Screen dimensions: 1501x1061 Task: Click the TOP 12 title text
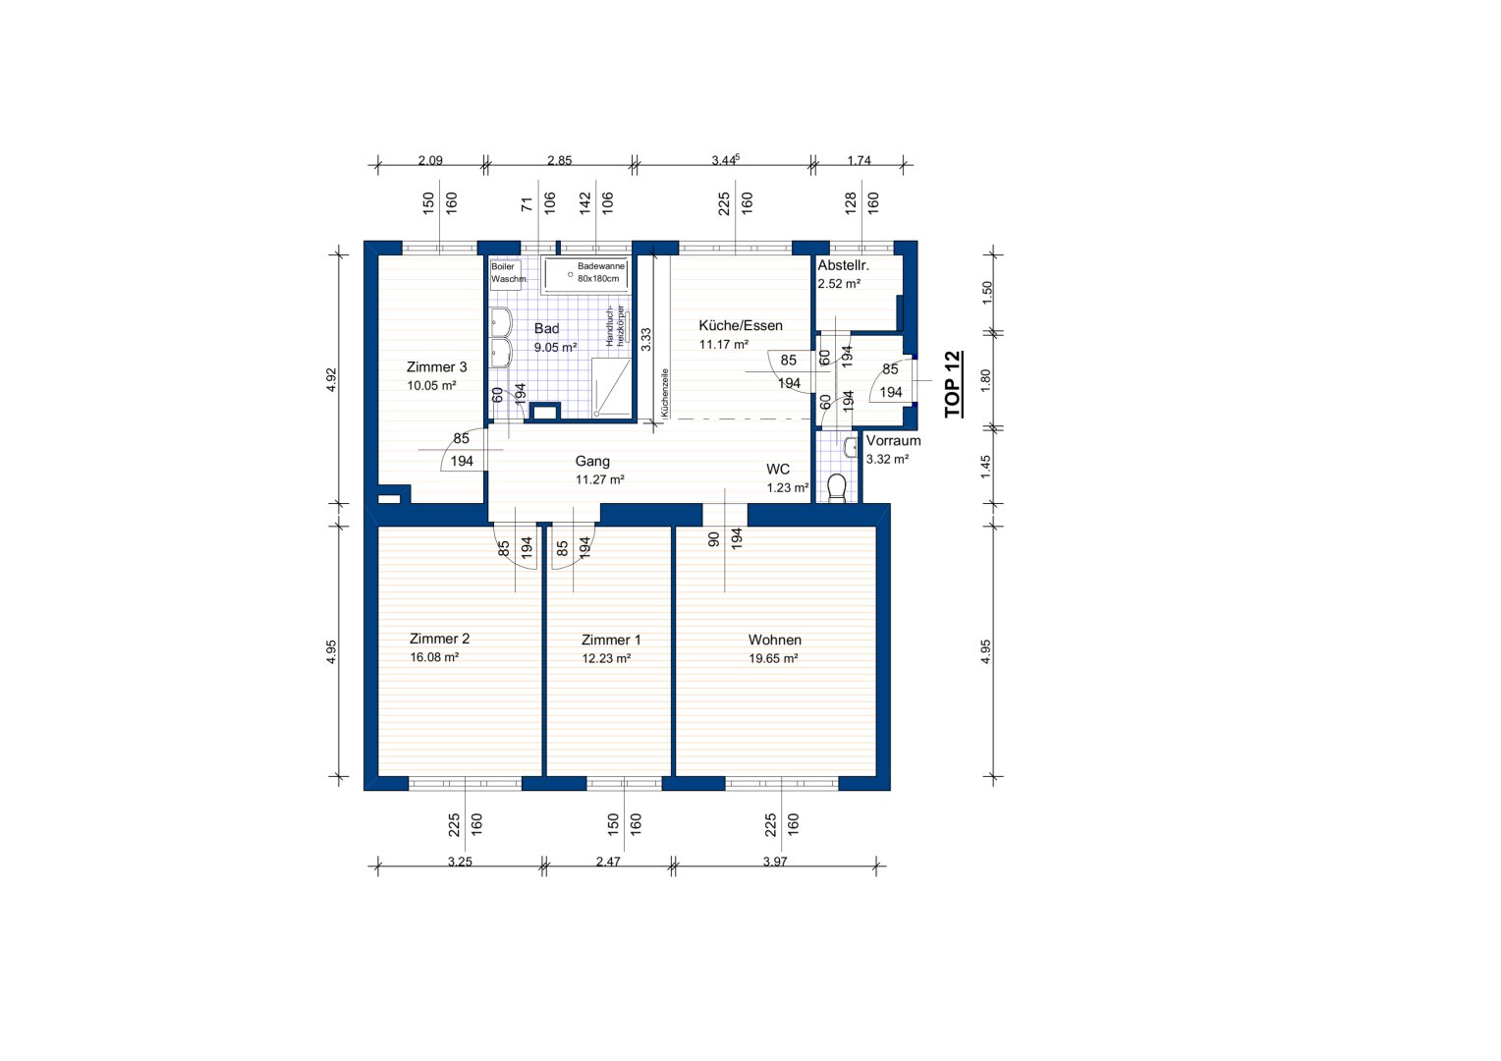click(954, 384)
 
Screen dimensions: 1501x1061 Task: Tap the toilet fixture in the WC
click(837, 487)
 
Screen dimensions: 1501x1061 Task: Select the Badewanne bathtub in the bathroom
click(585, 275)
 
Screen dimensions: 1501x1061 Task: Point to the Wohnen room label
click(775, 640)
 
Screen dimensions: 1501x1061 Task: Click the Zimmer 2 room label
click(439, 639)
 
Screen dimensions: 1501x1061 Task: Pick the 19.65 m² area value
click(773, 659)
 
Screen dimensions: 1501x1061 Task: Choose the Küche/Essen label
click(741, 326)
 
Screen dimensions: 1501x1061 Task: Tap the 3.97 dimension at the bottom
click(775, 862)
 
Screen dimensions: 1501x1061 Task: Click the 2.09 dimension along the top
click(430, 160)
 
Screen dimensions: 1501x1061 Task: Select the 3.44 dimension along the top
click(725, 159)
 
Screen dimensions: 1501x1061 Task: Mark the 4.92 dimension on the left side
click(331, 379)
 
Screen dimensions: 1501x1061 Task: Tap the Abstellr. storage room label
click(843, 265)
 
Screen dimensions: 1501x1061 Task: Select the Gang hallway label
click(592, 461)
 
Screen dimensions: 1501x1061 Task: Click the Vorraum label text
click(893, 440)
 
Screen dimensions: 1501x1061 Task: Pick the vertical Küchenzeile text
click(665, 393)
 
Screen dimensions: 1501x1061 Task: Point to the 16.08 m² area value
click(434, 657)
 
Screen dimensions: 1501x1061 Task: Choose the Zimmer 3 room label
click(437, 366)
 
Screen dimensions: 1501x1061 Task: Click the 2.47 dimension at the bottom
click(608, 862)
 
